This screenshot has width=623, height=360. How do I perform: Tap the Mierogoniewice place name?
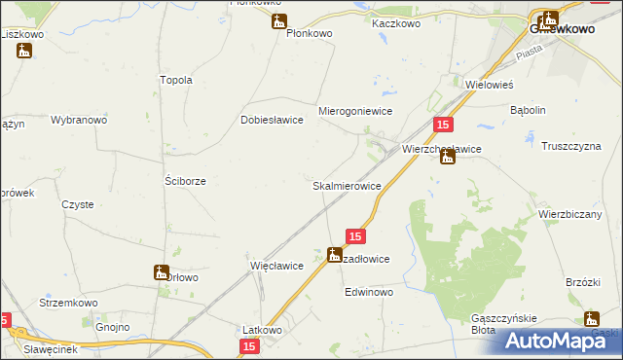click(355, 112)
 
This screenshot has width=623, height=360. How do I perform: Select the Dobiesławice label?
click(273, 121)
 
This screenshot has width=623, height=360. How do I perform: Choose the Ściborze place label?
click(184, 181)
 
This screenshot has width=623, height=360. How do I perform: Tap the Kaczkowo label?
click(394, 22)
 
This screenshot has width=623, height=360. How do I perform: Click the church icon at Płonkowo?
click(279, 22)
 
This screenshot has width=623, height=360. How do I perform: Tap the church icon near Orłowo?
click(161, 272)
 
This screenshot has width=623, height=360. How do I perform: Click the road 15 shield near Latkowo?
click(250, 345)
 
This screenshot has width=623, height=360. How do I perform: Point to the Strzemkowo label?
click(65, 303)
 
